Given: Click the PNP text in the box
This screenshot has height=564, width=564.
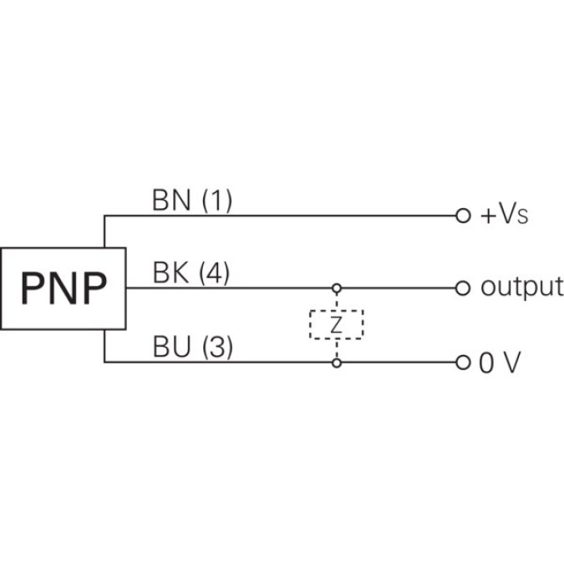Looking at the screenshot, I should click(64, 288).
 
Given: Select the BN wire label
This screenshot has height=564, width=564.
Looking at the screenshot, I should click(170, 201).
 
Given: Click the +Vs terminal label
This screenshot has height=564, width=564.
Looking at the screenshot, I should click(504, 216).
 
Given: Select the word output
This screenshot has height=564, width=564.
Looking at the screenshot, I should click(521, 288).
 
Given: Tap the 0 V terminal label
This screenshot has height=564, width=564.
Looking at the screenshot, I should click(500, 363).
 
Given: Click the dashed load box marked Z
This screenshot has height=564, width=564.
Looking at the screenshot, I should click(337, 324).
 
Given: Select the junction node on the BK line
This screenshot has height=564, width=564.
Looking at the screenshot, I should click(337, 288).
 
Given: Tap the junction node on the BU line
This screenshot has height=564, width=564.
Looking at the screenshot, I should click(337, 363).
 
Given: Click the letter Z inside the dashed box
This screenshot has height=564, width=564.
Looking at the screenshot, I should click(337, 325).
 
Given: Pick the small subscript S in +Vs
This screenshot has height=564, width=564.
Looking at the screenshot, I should click(523, 218).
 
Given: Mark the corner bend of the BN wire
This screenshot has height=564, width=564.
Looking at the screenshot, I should click(104, 215).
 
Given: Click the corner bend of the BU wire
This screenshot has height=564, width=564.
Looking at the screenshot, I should click(104, 363).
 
